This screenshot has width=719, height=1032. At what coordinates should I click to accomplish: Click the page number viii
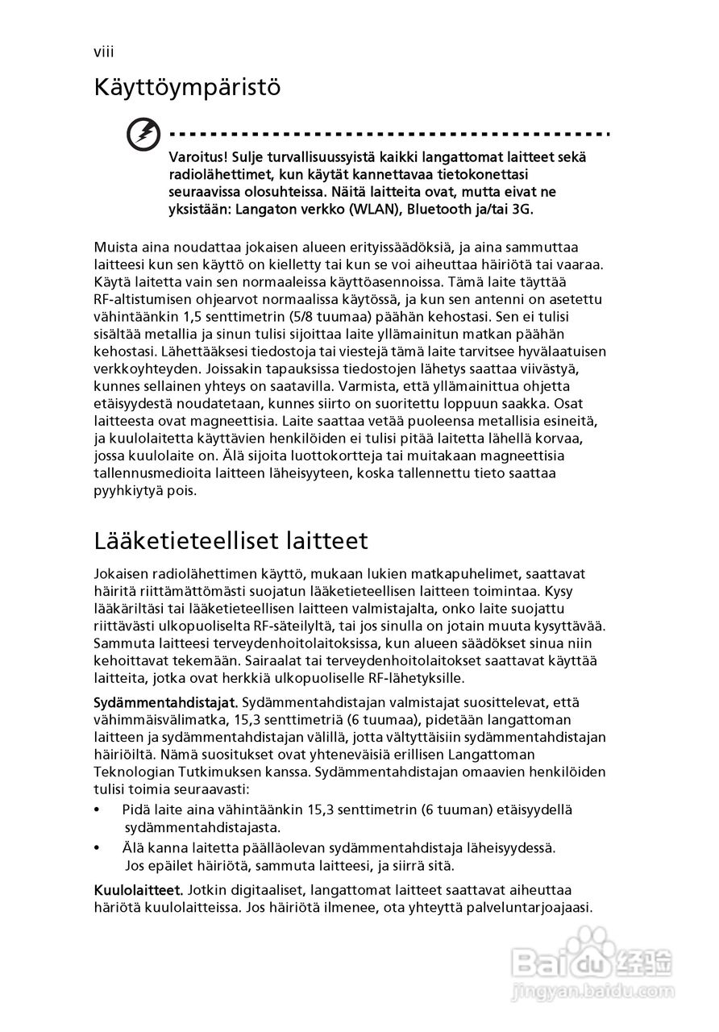[x=103, y=52]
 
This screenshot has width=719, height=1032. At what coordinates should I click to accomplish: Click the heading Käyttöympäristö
[x=187, y=87]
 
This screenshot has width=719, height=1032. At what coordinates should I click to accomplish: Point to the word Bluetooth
[x=440, y=209]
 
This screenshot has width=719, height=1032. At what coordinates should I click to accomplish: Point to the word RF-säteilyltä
[x=293, y=626]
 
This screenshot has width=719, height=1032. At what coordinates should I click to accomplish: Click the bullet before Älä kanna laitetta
[x=98, y=848]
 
